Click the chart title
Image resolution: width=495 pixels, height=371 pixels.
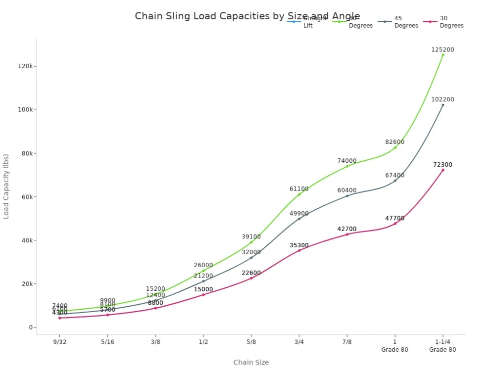coord(247,16)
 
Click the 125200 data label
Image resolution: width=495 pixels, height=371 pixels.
coord(443,49)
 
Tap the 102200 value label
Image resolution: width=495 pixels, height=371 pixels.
coord(443,99)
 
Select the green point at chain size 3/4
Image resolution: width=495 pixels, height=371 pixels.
coord(299,194)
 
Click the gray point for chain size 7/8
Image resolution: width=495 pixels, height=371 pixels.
coord(347,196)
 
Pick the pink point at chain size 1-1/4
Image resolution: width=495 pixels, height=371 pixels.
coord(443,170)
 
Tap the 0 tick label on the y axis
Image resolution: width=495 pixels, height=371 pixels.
coord(31,327)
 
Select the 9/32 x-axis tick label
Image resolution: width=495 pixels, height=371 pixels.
coord(59,342)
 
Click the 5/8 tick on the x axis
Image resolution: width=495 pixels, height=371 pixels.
coord(251,342)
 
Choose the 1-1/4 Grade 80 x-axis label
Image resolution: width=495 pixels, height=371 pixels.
coord(443,345)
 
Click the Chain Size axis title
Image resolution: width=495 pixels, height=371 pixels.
coord(251,363)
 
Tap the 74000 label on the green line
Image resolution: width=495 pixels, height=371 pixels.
coord(347,161)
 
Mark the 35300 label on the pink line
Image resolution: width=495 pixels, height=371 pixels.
coord(299,245)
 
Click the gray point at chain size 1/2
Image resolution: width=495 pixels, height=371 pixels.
coord(203,281)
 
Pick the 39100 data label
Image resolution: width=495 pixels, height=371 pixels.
coord(251,237)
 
